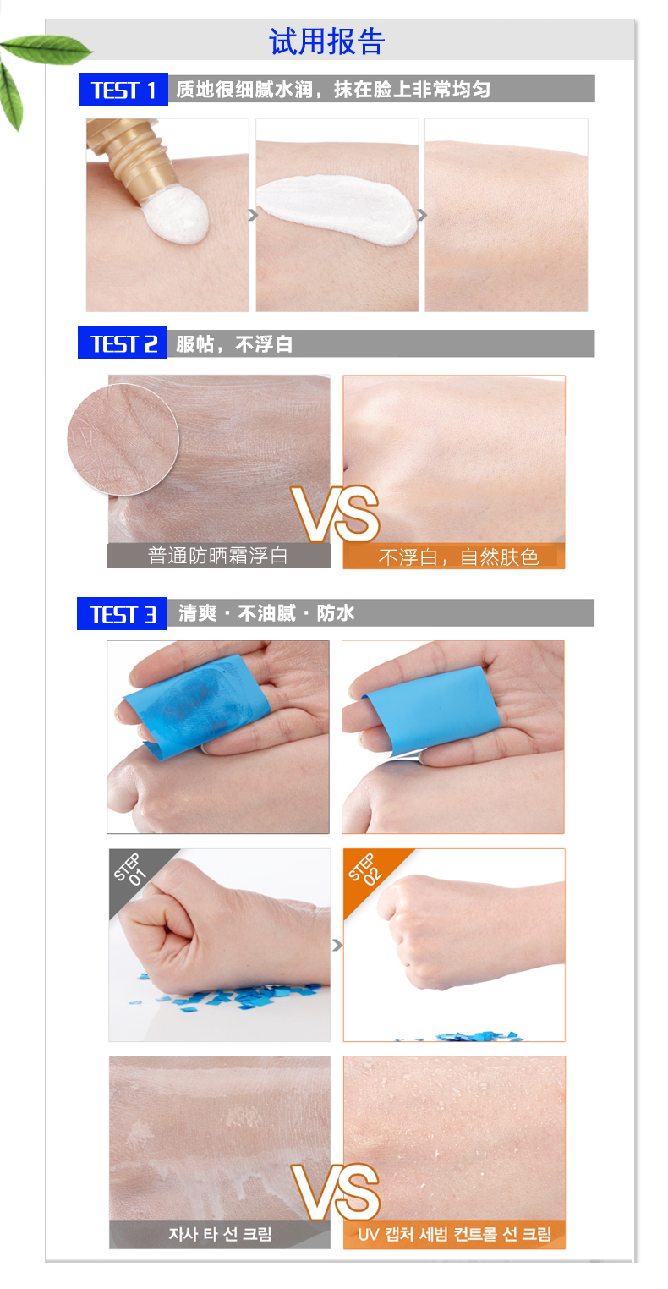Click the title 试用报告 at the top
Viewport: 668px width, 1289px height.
point(326,41)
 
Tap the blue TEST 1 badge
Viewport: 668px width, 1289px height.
point(123,89)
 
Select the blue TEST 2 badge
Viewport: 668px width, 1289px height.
point(123,343)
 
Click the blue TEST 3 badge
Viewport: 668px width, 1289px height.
point(122,614)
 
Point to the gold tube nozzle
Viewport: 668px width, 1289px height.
point(129,156)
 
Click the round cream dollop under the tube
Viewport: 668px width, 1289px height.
point(176,215)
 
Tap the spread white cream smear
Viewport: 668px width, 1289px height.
point(337,210)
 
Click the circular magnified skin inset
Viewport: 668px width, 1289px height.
point(123,440)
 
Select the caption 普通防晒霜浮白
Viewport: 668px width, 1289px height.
point(218,556)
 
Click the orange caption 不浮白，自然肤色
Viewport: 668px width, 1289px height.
point(458,557)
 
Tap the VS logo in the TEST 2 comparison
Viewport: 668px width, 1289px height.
point(335,514)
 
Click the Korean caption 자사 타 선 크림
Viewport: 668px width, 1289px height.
point(220,1234)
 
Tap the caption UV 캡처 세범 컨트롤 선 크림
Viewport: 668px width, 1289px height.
point(455,1234)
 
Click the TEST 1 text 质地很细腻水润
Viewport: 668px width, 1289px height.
point(244,90)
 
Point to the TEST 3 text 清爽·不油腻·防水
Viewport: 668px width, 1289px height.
point(266,613)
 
